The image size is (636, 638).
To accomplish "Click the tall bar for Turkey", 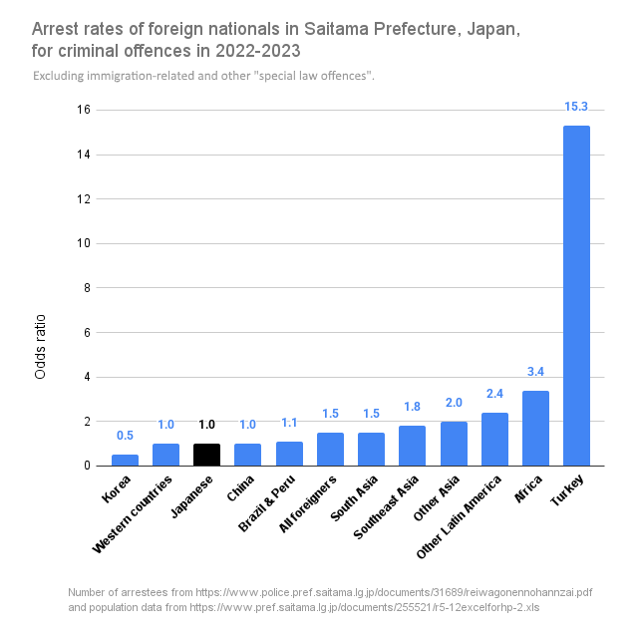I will pyautogui.click(x=576, y=299).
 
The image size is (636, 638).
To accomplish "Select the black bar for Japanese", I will pyautogui.click(x=206, y=455).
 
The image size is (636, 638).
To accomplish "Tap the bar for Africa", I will pyautogui.click(x=535, y=429).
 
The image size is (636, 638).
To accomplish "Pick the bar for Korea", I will pyautogui.click(x=125, y=460).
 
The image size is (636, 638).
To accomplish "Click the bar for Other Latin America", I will pyautogui.click(x=494, y=440).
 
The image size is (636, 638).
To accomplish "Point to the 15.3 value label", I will pyautogui.click(x=576, y=107).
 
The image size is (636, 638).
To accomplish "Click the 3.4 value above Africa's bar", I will pyautogui.click(x=535, y=372).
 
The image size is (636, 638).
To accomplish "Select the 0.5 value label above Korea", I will pyautogui.click(x=125, y=436).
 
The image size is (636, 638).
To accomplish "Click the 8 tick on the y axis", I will pyautogui.click(x=88, y=288).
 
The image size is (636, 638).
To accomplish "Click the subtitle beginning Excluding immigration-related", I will pyautogui.click(x=203, y=77).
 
